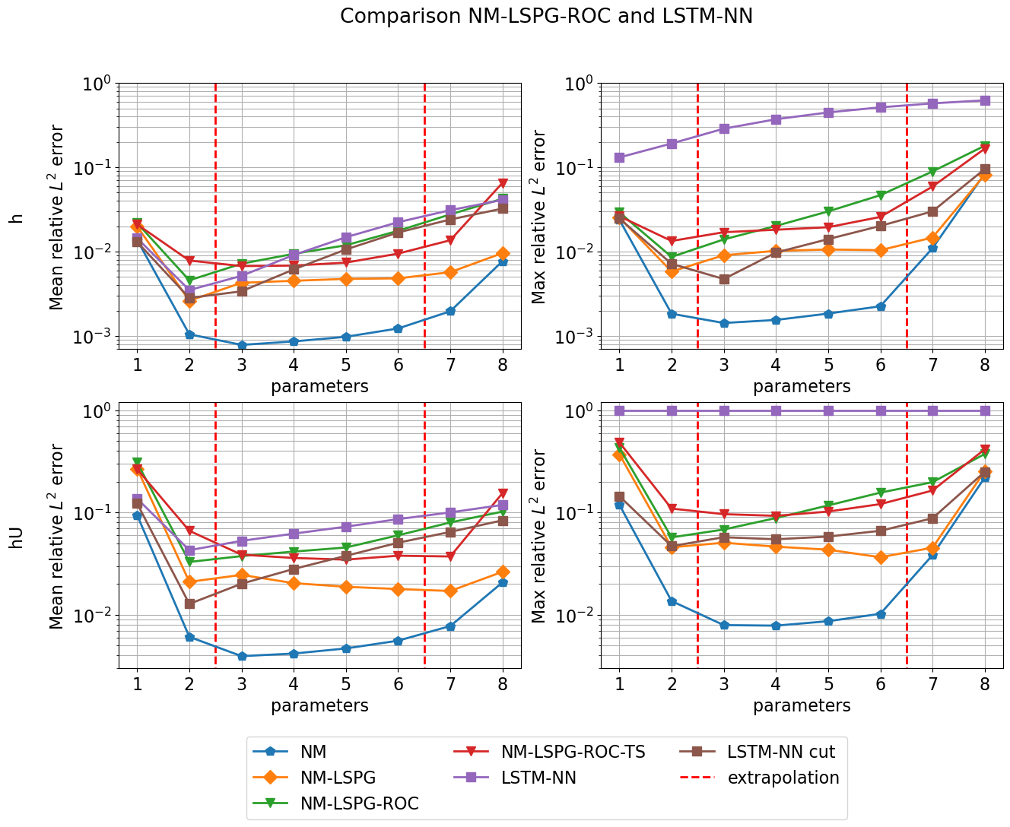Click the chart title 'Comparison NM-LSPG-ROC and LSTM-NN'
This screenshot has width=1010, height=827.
tap(546, 16)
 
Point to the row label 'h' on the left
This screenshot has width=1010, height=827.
tap(16, 217)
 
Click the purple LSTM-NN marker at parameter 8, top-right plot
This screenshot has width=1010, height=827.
tap(985, 100)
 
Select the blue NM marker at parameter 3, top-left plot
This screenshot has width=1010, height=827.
tap(242, 345)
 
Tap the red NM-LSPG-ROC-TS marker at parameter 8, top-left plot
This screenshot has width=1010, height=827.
tap(503, 183)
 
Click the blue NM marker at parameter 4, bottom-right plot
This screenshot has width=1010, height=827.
tap(776, 626)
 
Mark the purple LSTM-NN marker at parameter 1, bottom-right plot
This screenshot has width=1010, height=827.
tap(619, 410)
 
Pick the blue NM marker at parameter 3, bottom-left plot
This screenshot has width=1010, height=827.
tap(242, 656)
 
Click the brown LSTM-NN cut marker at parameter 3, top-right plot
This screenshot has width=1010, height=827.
tap(724, 279)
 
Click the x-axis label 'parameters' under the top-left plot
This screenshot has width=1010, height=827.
tap(319, 386)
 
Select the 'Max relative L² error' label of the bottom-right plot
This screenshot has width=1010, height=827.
tap(538, 537)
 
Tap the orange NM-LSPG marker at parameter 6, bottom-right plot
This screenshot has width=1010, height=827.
tap(881, 557)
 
